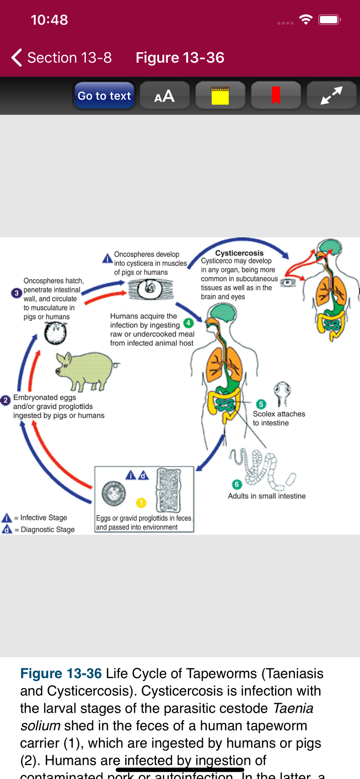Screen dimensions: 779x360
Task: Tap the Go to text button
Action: coord(104,96)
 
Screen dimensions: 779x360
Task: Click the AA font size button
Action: coord(164,96)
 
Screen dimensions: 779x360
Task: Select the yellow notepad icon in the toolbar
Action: coord(220,95)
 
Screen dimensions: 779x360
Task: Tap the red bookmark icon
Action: coord(276,95)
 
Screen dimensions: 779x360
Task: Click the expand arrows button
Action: coord(331,95)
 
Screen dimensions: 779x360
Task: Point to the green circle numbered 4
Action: coord(189,323)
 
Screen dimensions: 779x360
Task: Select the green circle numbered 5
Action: coord(261,404)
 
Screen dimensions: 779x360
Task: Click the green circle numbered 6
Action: coord(236,485)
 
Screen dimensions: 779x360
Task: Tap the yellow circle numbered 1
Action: coord(141,503)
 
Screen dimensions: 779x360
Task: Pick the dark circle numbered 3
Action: coord(16,293)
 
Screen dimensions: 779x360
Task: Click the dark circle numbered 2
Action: coord(5,400)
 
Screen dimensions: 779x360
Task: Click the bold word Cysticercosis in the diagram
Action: coord(239,253)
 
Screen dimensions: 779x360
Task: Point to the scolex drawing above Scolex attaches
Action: coord(282,393)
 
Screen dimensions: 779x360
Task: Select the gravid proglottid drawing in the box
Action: coord(168,490)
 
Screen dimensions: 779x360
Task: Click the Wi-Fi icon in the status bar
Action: coord(306,19)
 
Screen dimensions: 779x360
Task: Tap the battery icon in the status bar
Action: coord(330,19)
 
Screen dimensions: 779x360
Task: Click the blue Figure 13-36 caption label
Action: coord(61,673)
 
